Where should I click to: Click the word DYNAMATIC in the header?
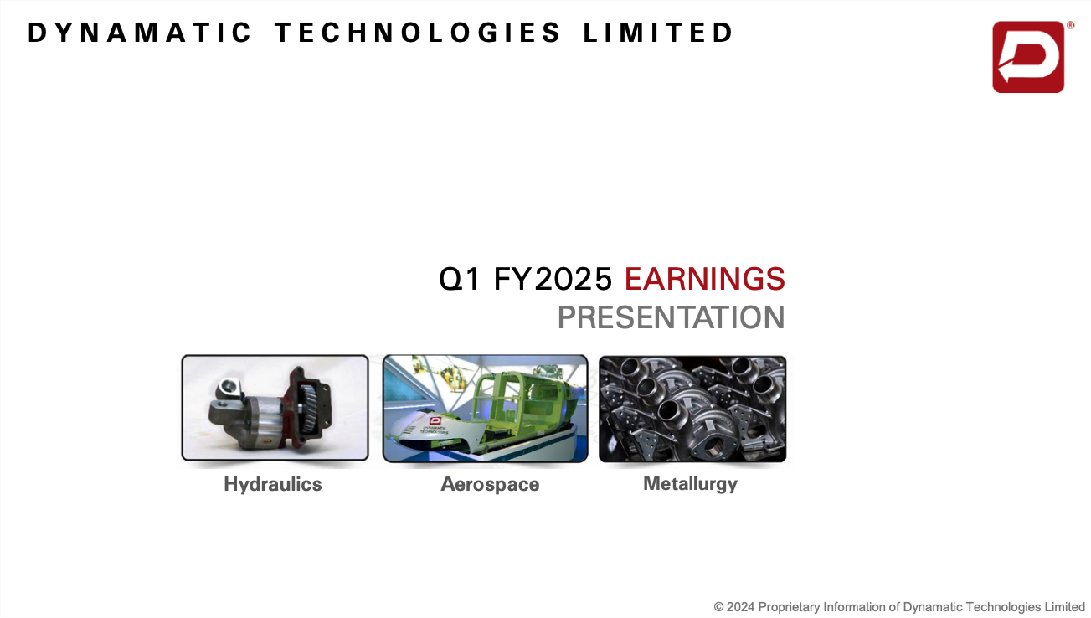click(139, 33)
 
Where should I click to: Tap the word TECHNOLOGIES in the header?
click(418, 33)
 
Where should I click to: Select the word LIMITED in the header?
click(658, 33)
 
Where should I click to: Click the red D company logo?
click(1028, 57)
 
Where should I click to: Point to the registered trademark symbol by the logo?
click(1071, 25)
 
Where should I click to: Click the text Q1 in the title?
click(460, 279)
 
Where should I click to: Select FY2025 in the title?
click(553, 279)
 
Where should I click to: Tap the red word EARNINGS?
click(705, 279)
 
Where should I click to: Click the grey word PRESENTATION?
click(672, 317)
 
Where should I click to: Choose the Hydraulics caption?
click(273, 485)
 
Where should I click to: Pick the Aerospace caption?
click(490, 485)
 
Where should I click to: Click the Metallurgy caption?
click(690, 484)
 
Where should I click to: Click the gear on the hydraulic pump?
click(308, 407)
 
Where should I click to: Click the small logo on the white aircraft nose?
click(435, 420)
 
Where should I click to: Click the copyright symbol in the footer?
click(718, 607)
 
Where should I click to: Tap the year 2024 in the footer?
click(740, 607)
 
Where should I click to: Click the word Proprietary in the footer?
click(789, 608)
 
